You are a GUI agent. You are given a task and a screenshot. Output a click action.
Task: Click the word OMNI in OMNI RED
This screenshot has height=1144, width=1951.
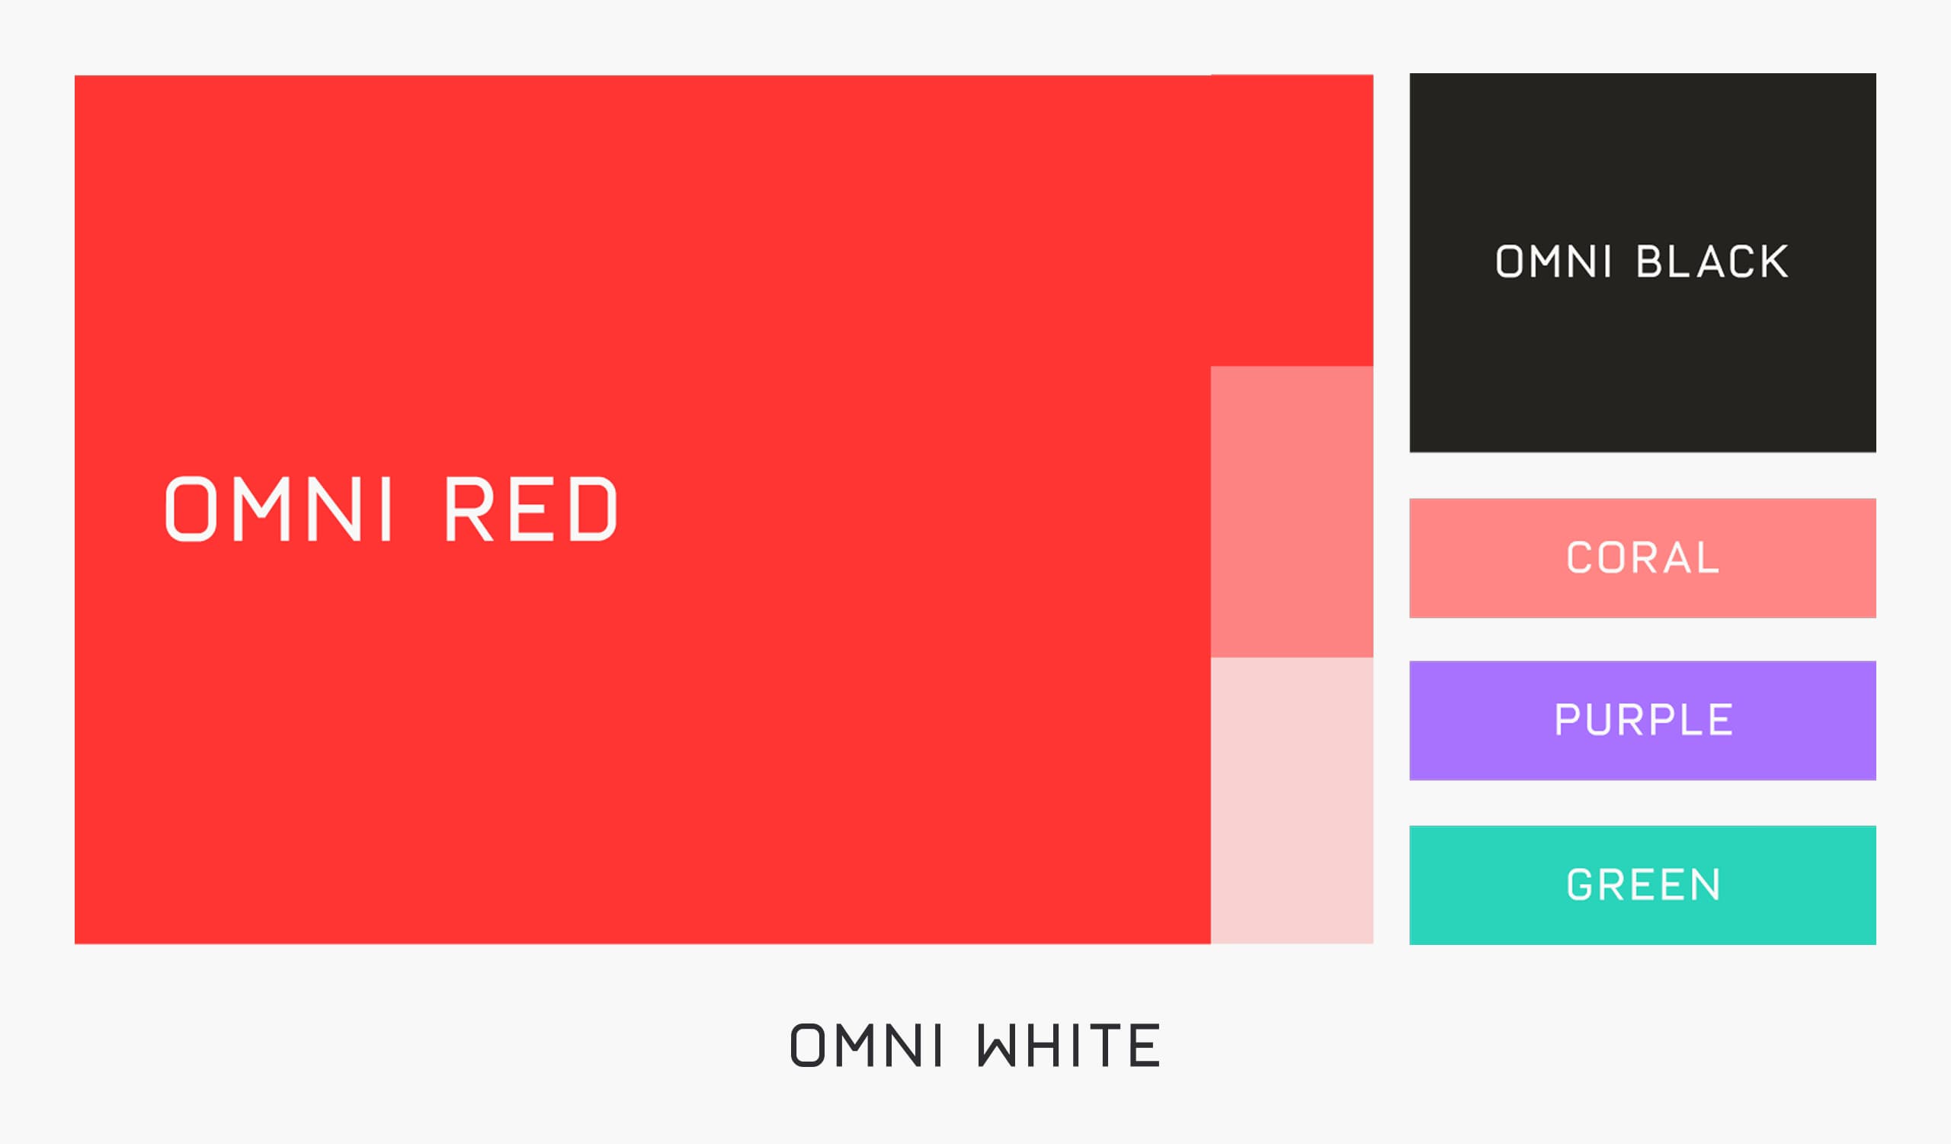(279, 509)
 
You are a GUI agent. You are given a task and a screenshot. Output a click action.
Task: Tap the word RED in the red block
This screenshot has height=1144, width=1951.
(530, 509)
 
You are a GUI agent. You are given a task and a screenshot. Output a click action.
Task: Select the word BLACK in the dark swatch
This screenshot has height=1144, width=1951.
(1712, 262)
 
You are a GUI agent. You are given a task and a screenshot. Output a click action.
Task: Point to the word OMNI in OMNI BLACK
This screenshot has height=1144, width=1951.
(1553, 262)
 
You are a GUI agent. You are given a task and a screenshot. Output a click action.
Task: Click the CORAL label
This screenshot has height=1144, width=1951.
(1642, 558)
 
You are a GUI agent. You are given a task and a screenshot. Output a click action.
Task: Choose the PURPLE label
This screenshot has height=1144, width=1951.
(1643, 719)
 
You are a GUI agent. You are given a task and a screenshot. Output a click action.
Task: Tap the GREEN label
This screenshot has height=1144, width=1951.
(1643, 885)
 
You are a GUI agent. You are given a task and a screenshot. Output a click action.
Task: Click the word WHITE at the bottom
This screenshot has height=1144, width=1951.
(1068, 1045)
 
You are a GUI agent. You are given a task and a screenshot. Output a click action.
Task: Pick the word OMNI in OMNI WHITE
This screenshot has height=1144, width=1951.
(866, 1045)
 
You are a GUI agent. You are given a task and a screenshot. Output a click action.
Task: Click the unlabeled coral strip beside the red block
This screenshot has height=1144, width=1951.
(1291, 512)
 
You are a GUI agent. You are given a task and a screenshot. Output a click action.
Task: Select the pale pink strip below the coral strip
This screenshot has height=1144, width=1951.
(1291, 800)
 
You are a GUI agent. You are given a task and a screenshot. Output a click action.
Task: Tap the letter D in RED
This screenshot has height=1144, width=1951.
(593, 509)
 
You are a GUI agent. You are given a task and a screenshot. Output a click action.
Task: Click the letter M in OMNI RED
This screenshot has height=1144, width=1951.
(261, 509)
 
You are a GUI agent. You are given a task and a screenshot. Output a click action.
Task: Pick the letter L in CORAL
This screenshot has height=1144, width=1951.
(1708, 558)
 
